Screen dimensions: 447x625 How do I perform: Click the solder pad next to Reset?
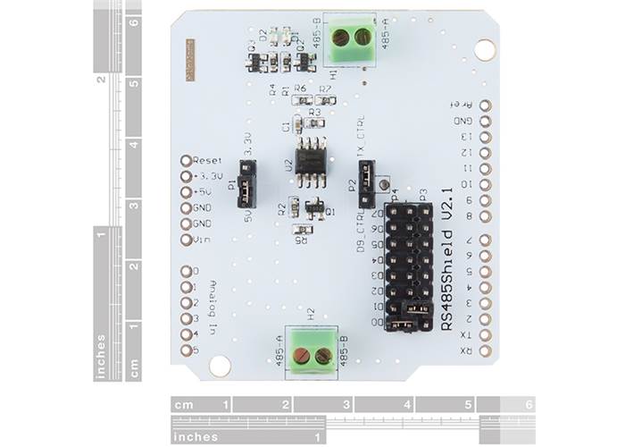coord(186,160)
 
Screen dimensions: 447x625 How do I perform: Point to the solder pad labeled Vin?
coord(186,239)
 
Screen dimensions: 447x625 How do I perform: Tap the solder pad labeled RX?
coord(486,350)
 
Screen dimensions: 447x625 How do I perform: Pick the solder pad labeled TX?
coord(486,335)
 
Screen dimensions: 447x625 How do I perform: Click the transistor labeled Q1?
coord(314,208)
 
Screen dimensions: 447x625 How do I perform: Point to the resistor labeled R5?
coord(303,231)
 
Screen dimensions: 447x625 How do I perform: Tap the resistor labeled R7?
coord(325,99)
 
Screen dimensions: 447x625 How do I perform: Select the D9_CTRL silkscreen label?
coord(362,231)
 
